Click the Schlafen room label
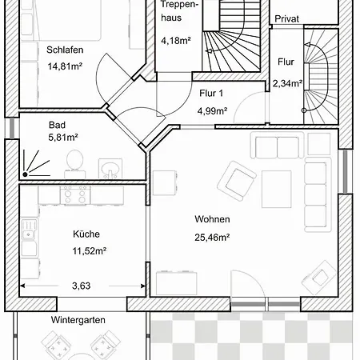[65, 50]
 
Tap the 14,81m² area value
[65, 66]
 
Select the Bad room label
[57, 125]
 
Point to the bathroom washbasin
[110, 168]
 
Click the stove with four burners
[75, 195]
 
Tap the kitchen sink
[29, 230]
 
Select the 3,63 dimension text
[82, 286]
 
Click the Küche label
[86, 234]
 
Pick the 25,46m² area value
[212, 237]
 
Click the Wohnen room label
[212, 219]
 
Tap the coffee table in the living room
[277, 189]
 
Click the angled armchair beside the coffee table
[237, 181]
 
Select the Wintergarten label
[78, 320]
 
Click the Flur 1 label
[211, 94]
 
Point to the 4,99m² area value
[212, 110]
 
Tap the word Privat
[286, 19]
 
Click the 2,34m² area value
[287, 83]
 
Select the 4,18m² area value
[176, 41]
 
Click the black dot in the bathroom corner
[25, 174]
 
